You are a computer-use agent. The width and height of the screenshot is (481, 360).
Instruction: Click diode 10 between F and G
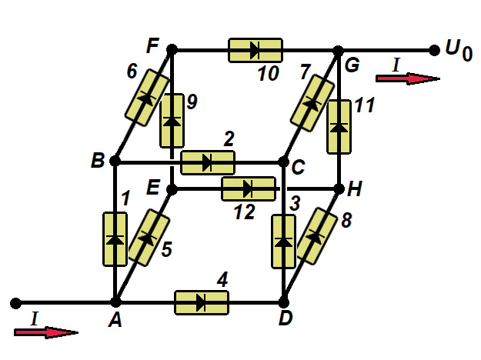(x=256, y=51)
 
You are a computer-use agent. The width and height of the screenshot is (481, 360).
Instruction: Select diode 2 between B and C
(x=208, y=162)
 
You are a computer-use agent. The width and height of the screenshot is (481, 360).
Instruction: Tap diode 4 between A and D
(x=202, y=302)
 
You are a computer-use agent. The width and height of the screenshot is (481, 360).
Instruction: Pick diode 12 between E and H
(x=248, y=188)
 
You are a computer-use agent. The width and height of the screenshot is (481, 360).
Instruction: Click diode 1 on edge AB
(x=115, y=239)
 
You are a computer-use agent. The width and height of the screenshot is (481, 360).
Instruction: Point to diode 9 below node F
(x=172, y=120)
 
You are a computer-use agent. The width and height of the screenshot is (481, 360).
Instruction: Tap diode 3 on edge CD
(x=284, y=242)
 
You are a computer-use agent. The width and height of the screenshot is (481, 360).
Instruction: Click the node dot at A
(x=115, y=302)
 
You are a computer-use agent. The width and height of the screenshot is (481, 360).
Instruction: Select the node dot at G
(x=338, y=51)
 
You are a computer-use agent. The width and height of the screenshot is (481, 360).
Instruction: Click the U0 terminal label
(x=459, y=52)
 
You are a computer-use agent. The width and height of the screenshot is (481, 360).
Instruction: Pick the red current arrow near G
(x=408, y=78)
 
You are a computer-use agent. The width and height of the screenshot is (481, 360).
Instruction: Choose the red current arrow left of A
(x=46, y=332)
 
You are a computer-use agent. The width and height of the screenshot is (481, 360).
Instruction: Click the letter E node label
(x=154, y=186)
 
